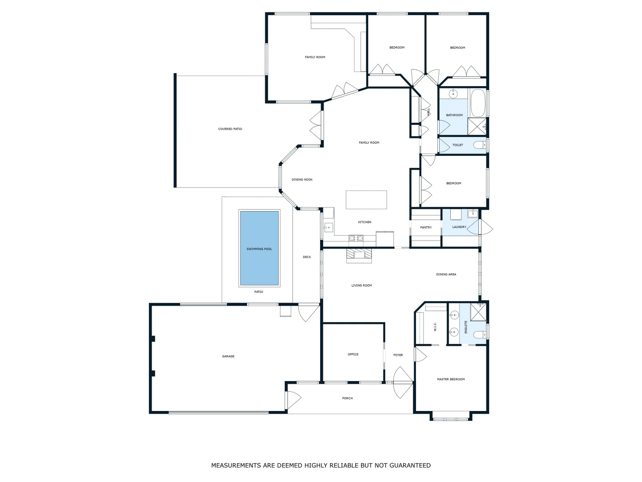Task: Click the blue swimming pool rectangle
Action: click(x=259, y=248)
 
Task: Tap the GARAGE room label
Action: click(x=228, y=356)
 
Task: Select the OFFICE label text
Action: click(x=353, y=354)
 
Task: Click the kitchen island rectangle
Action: click(x=366, y=199)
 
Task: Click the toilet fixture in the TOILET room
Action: click(x=480, y=145)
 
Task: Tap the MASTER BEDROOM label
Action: click(x=451, y=379)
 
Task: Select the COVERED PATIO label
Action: click(x=230, y=129)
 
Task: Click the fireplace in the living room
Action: click(x=359, y=255)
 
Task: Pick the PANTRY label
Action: click(x=426, y=228)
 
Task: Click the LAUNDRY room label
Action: click(x=459, y=227)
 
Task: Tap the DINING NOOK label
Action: click(x=302, y=179)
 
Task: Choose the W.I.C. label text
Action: click(x=435, y=327)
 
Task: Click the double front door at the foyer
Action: click(x=403, y=382)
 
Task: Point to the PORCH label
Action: click(x=347, y=398)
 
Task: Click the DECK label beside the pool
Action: click(x=307, y=257)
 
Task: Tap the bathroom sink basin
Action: click(x=453, y=94)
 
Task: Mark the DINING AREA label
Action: click(x=446, y=274)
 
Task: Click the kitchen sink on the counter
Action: click(x=328, y=227)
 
